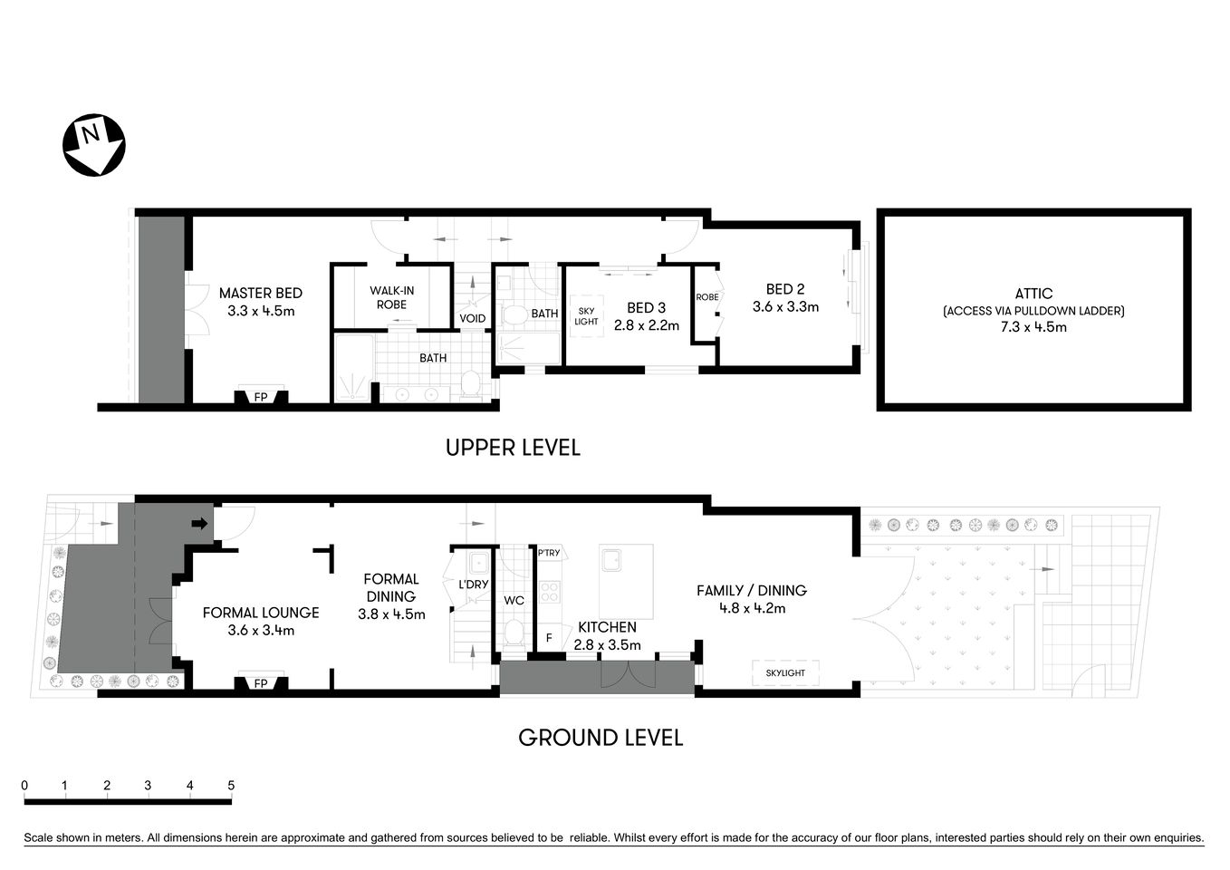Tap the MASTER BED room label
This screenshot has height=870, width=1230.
[261, 293]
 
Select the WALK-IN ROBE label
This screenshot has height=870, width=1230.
[391, 297]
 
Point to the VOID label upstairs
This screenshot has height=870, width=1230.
[472, 318]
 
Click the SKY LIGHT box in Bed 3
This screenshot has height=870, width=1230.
[586, 315]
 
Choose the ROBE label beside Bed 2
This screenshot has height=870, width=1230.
[706, 297]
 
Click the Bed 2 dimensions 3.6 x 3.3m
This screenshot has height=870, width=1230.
[785, 307]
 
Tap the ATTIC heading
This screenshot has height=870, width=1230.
[1033, 293]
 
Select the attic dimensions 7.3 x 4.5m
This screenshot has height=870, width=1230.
[1033, 327]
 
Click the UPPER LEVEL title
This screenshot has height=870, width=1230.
[513, 448]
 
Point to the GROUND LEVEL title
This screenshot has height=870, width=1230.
[600, 738]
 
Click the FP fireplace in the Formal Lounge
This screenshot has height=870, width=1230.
[261, 683]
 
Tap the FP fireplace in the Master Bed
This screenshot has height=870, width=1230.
[261, 397]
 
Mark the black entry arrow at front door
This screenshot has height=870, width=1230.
[199, 523]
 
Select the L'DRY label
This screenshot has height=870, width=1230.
[473, 585]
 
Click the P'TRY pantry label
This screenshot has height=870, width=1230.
[549, 553]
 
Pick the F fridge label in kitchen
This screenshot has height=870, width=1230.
[549, 638]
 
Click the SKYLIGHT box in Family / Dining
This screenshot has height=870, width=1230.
[784, 673]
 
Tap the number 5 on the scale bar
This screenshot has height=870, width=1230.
[231, 786]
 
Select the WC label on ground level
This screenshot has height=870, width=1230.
[514, 600]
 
